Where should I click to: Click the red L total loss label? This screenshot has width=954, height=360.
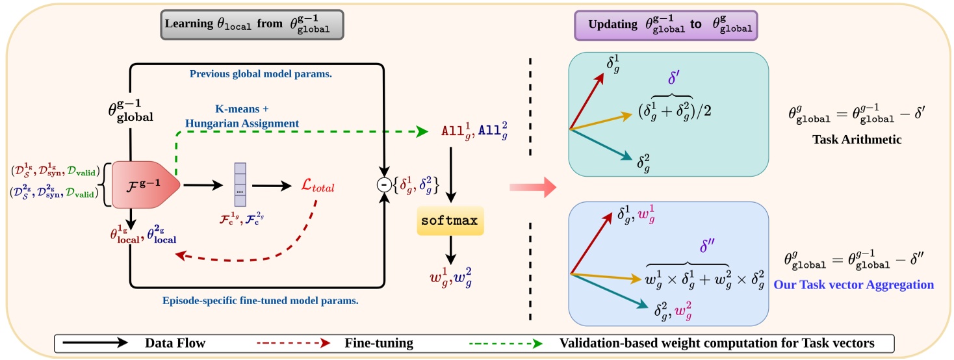[318, 187]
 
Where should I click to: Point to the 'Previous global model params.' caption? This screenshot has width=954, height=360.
[261, 74]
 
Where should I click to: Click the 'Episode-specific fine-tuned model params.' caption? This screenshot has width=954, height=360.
[261, 301]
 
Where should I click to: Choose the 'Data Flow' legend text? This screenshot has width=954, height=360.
[174, 342]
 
